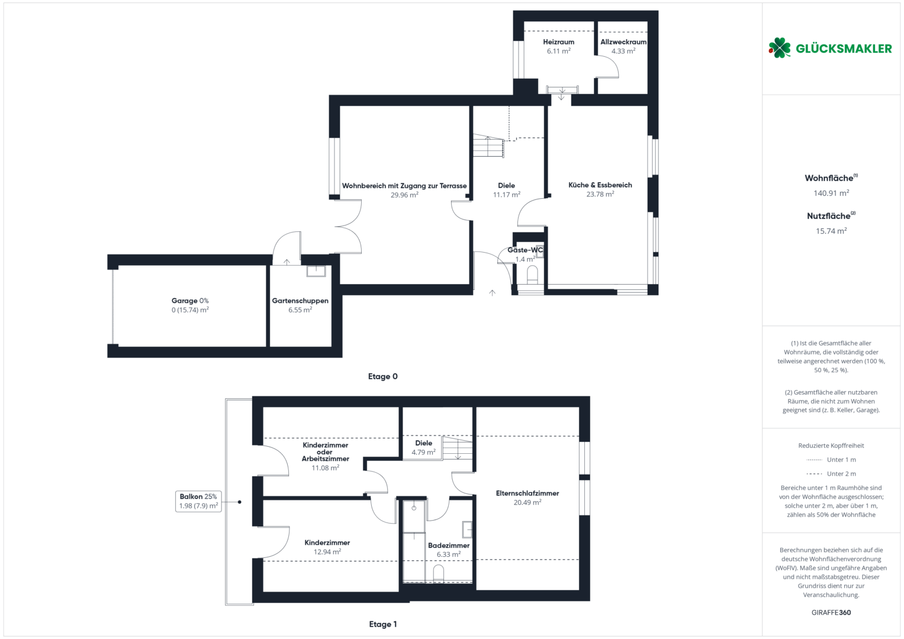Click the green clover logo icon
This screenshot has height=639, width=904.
tap(779, 48)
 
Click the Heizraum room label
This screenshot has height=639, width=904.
tap(558, 42)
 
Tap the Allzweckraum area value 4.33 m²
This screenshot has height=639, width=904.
tap(623, 51)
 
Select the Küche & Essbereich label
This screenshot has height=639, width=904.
tap(600, 185)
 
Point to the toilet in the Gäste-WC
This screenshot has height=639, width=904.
tap(533, 275)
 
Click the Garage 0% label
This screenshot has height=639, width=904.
tap(190, 301)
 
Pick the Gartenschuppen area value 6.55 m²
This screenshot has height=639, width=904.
tap(300, 310)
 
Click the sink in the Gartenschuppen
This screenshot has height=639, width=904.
tap(316, 271)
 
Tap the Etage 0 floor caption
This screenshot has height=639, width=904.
tap(382, 376)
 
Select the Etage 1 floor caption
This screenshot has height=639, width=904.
tap(383, 624)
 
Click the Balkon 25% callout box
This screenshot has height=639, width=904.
tap(198, 501)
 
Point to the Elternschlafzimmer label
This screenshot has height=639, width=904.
tap(527, 493)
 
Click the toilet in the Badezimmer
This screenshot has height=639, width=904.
tap(439, 573)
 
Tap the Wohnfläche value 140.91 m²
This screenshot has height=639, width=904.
tap(831, 193)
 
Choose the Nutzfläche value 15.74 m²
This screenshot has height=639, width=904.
tap(831, 231)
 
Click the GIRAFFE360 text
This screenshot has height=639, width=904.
tap(831, 612)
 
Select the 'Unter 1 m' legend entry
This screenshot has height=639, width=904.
tap(831, 460)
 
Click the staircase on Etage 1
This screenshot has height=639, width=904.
tap(458, 448)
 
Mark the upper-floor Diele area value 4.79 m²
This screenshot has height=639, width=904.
tap(424, 453)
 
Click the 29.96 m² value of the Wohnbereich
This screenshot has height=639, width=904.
tap(404, 195)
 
